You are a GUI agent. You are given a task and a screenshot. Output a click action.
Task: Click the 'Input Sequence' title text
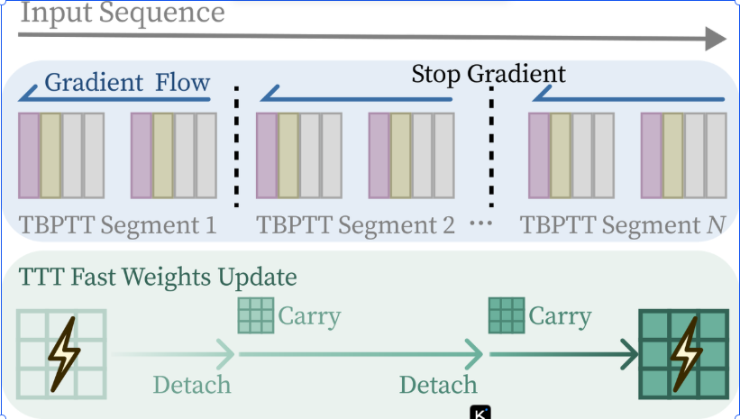[123, 13]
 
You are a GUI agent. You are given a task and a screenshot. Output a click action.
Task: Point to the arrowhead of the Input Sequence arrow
[716, 39]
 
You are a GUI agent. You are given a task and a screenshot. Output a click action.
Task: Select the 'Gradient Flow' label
[127, 83]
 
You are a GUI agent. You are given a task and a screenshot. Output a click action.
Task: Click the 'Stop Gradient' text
[489, 74]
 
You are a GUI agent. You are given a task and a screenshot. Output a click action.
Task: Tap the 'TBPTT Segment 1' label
[117, 225]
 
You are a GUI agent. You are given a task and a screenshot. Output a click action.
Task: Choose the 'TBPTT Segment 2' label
[355, 225]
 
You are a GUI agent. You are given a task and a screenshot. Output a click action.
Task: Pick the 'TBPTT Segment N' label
[623, 225]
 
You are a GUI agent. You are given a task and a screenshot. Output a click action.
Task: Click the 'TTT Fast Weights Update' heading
[158, 277]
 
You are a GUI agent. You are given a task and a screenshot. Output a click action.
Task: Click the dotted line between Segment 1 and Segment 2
[236, 147]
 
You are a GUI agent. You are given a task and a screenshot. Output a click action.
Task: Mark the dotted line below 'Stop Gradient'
[491, 147]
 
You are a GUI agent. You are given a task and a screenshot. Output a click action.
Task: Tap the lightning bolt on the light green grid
[64, 354]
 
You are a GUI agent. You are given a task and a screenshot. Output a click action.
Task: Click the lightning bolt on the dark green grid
[687, 354]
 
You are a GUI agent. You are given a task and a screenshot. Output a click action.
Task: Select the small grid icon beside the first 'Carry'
[256, 315]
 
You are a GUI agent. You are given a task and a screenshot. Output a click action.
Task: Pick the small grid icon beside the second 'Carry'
[507, 315]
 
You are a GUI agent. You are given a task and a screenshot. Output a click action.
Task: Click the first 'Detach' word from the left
[192, 385]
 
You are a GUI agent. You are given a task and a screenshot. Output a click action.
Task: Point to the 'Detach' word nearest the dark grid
[438, 385]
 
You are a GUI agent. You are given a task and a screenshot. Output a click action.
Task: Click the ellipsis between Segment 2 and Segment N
[481, 223]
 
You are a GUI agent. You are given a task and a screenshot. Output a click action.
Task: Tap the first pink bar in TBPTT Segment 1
[29, 156]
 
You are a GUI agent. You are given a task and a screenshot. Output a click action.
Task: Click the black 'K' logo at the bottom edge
[480, 412]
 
